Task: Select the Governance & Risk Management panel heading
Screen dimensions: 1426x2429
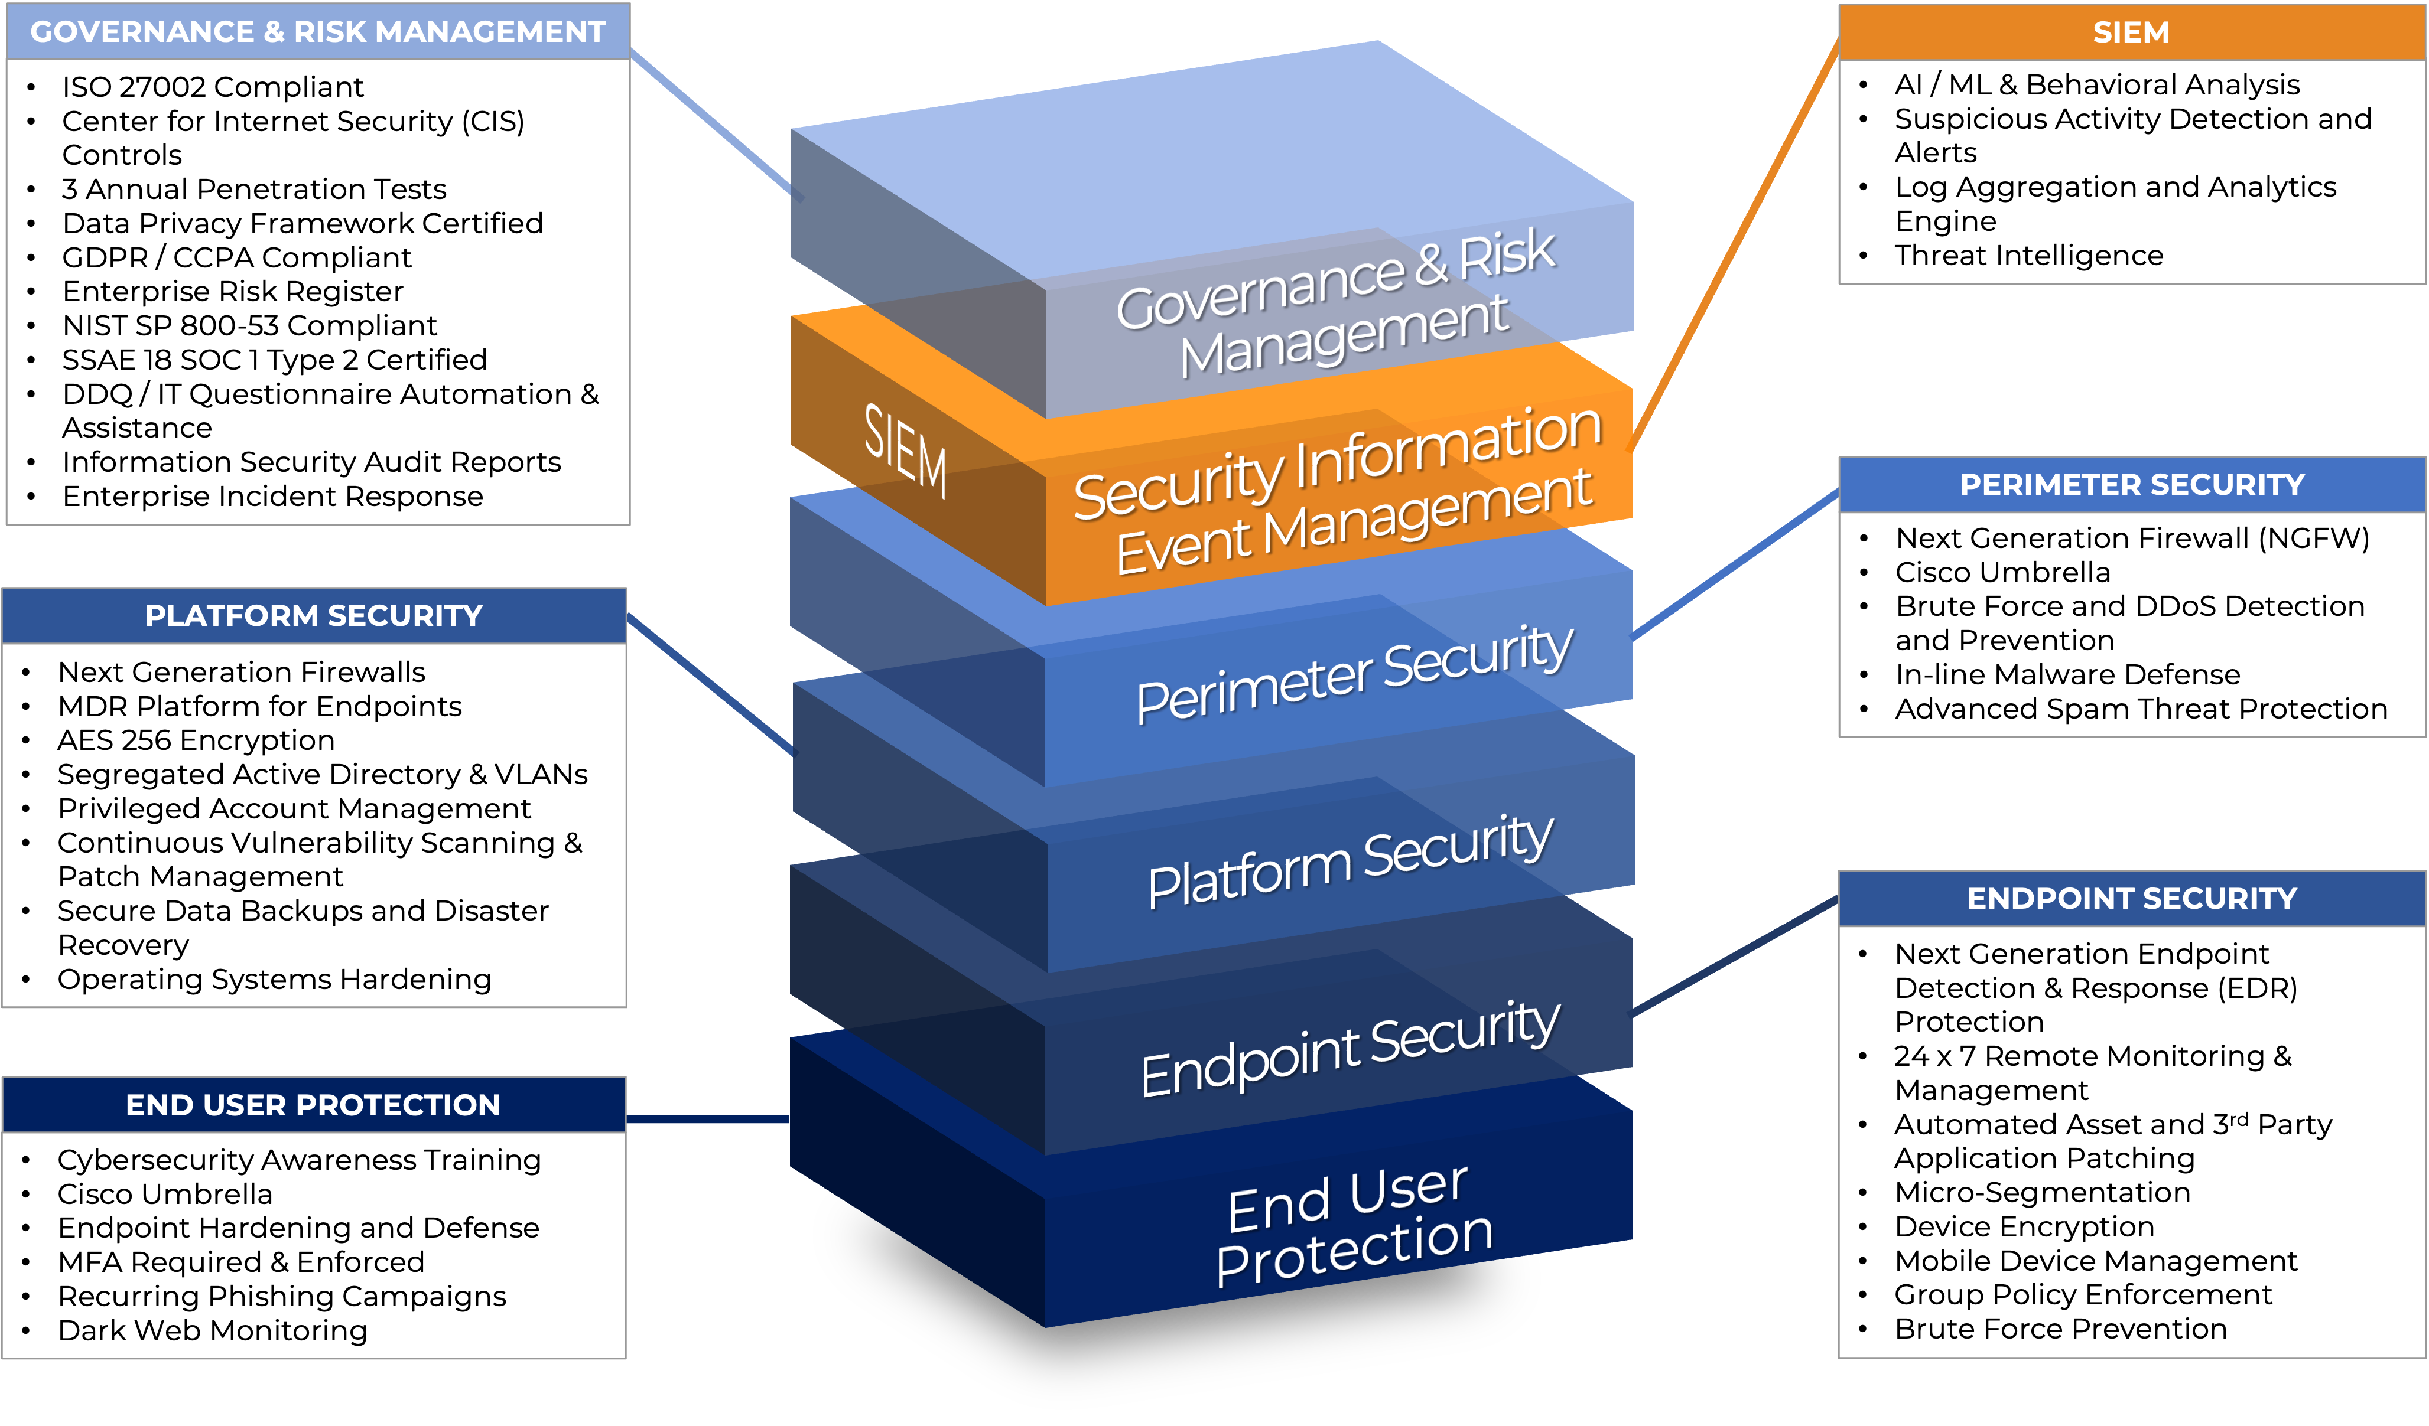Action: pos(318,32)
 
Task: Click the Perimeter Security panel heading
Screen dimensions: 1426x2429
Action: pos(2132,485)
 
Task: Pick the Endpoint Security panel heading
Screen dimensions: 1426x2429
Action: pos(2132,899)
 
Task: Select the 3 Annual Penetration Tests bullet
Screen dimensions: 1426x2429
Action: pos(253,189)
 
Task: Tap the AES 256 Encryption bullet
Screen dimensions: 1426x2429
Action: pos(196,740)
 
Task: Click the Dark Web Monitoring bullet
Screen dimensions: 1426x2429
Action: pos(212,1330)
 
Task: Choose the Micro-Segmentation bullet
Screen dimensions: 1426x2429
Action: pos(2041,1193)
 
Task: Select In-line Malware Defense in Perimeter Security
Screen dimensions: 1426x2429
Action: pos(2067,674)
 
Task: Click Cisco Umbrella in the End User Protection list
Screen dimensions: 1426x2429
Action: pos(165,1194)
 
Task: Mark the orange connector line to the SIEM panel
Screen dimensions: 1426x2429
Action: pos(1735,241)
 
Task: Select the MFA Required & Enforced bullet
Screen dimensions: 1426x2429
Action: pos(241,1262)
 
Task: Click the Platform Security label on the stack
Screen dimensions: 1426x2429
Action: pos(1350,860)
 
